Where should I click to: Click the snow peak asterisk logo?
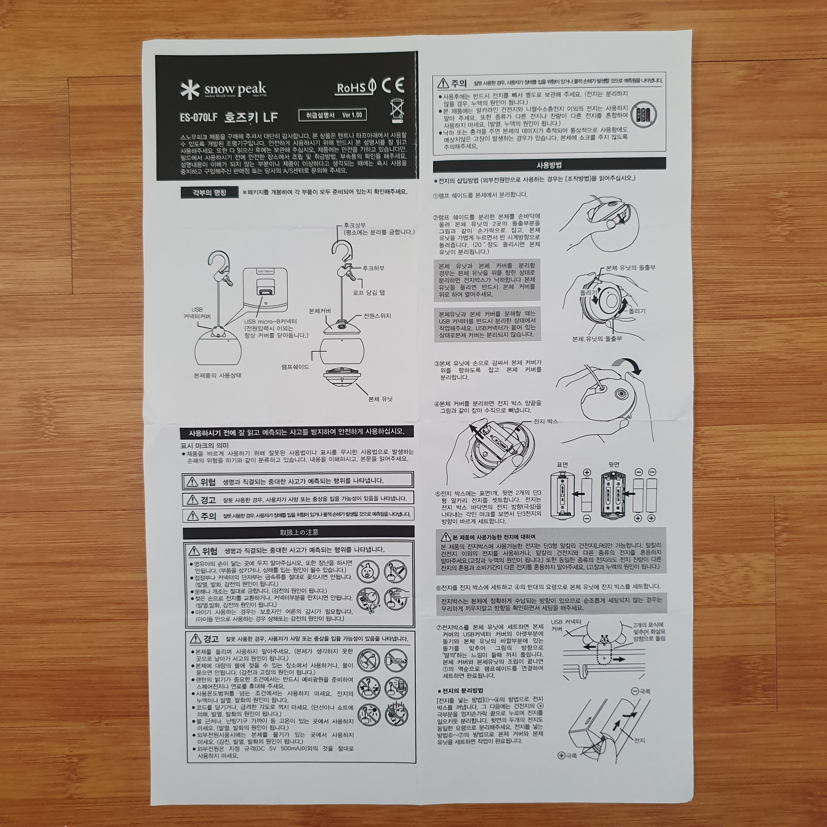tap(190, 90)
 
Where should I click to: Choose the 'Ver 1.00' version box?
tap(333, 115)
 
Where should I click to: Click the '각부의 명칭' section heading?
tap(209, 193)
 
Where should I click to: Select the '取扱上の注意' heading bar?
tap(299, 532)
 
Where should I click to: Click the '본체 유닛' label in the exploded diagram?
tap(380, 398)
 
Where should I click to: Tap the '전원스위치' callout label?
tap(377, 316)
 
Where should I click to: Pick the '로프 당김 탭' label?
tap(369, 293)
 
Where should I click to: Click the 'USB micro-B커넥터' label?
tap(270, 321)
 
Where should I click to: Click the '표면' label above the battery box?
tap(562, 464)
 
